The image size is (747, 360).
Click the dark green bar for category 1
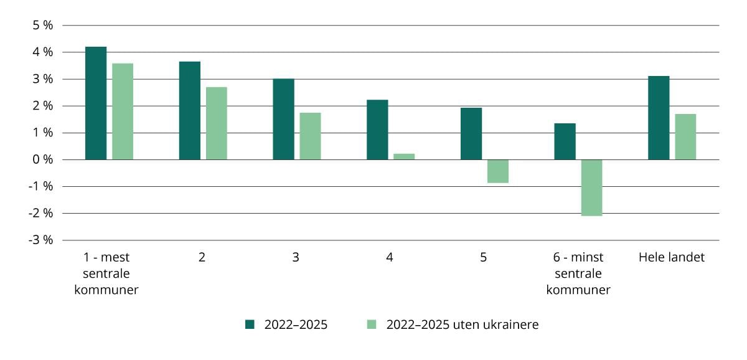point(96,103)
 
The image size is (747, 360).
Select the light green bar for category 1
point(123,111)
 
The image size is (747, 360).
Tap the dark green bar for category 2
point(190,111)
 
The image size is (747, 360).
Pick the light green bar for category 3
point(310,136)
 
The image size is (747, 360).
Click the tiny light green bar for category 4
point(404,156)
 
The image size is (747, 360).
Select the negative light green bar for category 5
point(498,171)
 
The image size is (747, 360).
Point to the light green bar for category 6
point(591,187)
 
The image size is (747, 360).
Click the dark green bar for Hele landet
point(659,118)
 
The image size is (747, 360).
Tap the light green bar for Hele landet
point(685,136)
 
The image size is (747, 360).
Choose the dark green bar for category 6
point(565,141)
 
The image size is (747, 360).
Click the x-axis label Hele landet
point(672,257)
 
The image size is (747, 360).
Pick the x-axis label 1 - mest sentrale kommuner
point(106,273)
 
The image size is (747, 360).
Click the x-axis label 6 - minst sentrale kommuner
point(578,273)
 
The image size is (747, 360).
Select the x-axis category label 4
point(390,257)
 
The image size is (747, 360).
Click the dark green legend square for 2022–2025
point(250,324)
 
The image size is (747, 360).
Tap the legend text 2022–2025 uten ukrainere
point(462,324)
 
